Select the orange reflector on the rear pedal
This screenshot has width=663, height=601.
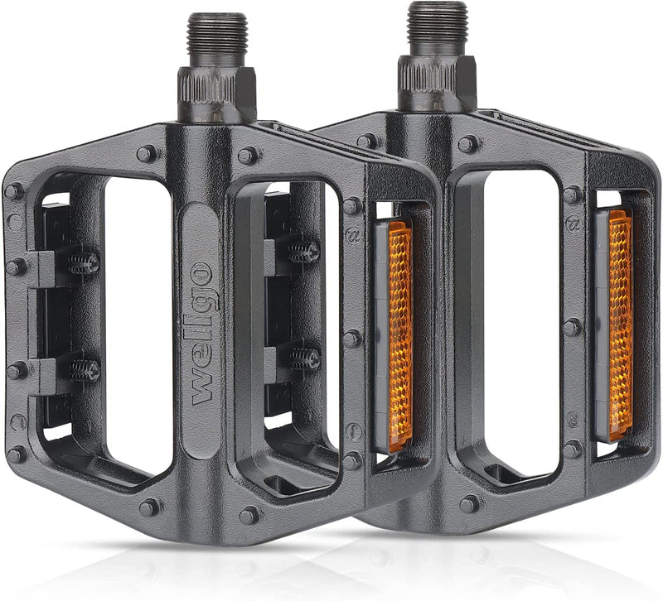pyautogui.click(x=620, y=324)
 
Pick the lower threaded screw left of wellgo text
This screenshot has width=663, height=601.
pyautogui.click(x=83, y=368)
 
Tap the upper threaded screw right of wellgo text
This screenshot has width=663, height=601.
pyautogui.click(x=304, y=252)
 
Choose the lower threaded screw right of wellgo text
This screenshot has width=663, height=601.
pyautogui.click(x=304, y=358)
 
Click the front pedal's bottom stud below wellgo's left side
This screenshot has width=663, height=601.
pyautogui.click(x=149, y=507)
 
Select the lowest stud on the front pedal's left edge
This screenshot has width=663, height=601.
pyautogui.click(x=16, y=454)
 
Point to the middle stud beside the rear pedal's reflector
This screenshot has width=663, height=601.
pyautogui.click(x=572, y=327)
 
